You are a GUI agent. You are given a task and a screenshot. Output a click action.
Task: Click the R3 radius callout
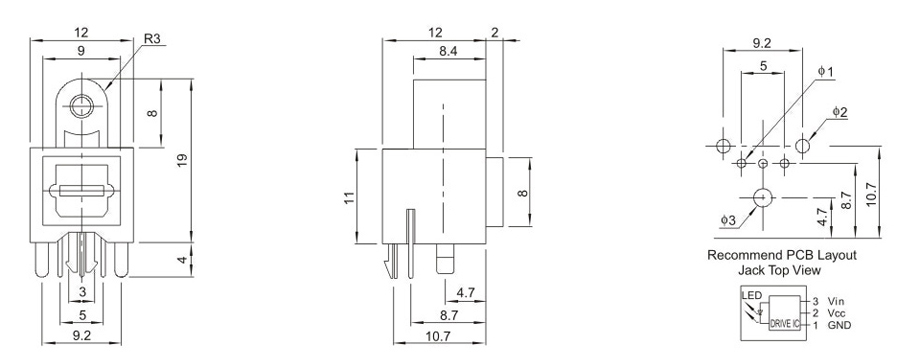155,39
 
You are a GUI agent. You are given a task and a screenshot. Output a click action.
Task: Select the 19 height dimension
180,159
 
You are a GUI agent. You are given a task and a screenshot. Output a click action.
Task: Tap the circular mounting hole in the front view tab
81,107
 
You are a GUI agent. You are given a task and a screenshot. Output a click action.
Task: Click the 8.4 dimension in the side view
448,51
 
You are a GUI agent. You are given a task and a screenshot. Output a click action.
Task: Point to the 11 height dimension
347,197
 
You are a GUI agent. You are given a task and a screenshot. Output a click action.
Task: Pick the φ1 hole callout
826,72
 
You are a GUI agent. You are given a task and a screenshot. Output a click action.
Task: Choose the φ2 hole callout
840,112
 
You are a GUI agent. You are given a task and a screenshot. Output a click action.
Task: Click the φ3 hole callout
728,220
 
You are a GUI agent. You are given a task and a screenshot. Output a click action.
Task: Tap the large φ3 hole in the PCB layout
763,197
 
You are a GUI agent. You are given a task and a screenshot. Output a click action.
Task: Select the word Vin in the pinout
836,301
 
